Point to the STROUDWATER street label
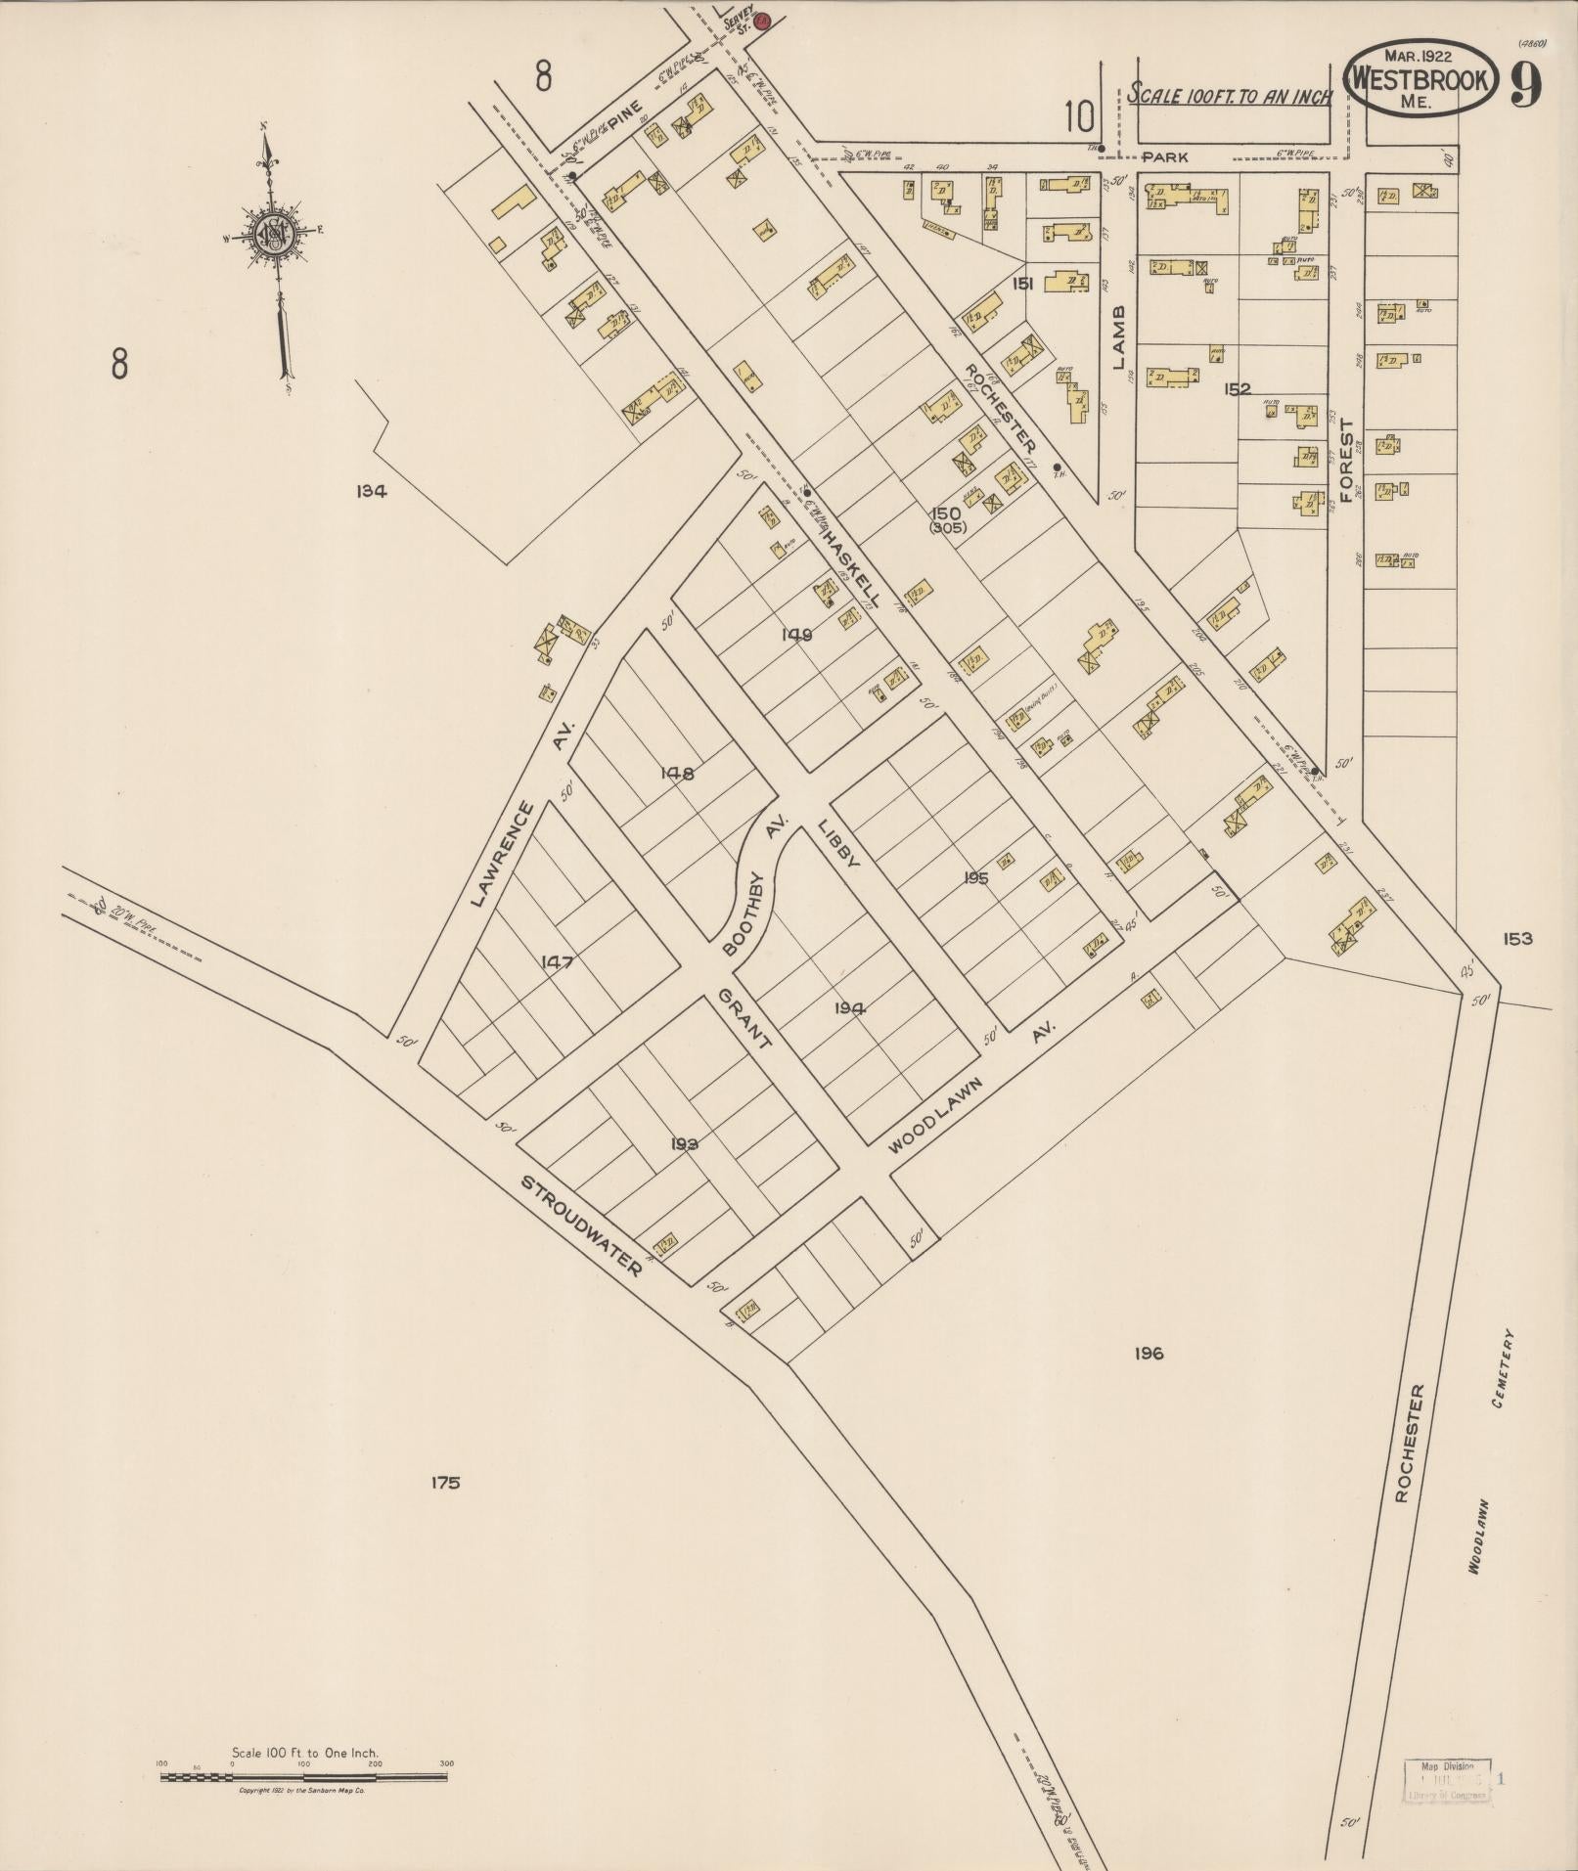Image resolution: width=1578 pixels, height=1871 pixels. pos(580,1226)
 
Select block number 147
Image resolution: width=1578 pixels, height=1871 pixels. pos(556,962)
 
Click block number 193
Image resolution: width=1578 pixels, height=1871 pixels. pos(684,1143)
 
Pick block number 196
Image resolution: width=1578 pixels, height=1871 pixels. pos(1149,1354)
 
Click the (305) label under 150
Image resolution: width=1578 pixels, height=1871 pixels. pos(947,527)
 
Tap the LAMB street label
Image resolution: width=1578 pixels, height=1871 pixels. pos(1119,336)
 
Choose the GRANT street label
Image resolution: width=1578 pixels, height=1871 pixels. pos(744,1017)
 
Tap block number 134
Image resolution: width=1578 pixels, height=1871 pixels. pos(372,492)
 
